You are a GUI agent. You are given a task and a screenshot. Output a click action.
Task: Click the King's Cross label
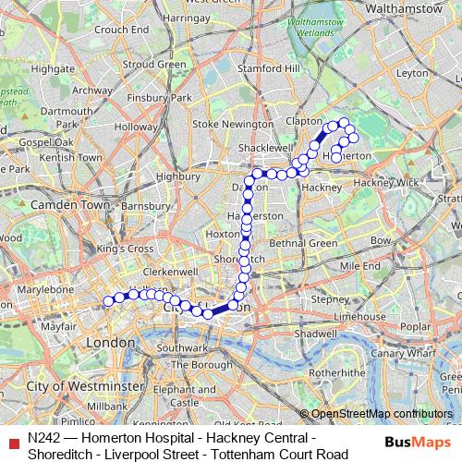pyautogui.click(x=125, y=249)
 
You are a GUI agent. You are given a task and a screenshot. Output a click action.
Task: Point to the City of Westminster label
pyautogui.click(x=85, y=384)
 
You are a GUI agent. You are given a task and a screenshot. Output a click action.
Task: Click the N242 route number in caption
pyautogui.click(x=47, y=436)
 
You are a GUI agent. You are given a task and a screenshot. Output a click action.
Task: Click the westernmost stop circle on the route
pyautogui.click(x=108, y=300)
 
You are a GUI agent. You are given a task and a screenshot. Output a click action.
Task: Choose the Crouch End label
pyautogui.click(x=121, y=30)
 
